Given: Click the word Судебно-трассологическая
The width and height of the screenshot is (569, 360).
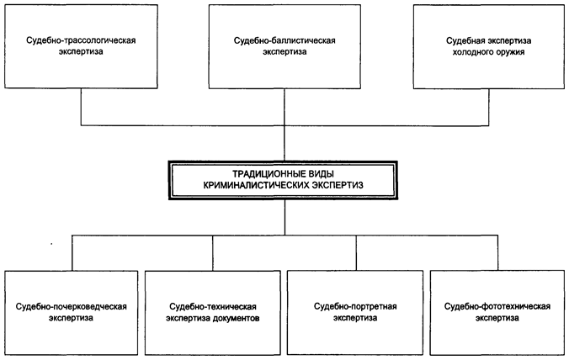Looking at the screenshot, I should [x=81, y=40].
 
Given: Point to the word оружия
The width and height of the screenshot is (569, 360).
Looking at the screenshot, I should [x=515, y=51].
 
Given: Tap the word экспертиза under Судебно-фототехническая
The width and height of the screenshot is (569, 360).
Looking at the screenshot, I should [x=497, y=319].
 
